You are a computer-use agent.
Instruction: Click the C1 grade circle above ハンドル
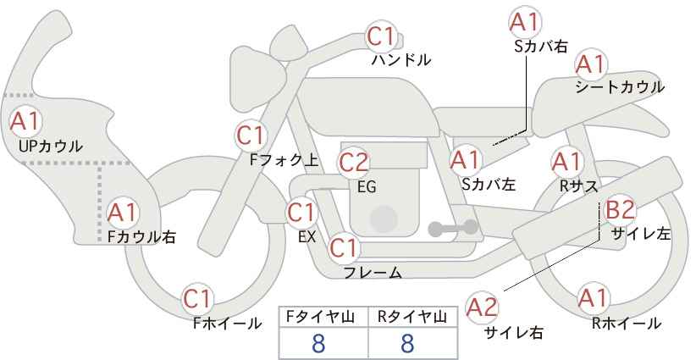382,36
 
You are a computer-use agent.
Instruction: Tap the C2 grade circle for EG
354,161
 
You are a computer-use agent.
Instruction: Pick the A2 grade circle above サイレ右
483,306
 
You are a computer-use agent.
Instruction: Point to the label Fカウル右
141,238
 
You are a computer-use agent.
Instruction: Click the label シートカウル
619,87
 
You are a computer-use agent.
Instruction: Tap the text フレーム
373,273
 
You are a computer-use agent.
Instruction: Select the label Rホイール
627,323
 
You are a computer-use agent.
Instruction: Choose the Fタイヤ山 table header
323,317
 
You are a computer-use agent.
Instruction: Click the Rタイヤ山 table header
412,317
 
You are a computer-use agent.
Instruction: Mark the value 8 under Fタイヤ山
318,343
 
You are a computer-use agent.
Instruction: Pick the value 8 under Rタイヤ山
407,343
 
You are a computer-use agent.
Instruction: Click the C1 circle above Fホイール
200,298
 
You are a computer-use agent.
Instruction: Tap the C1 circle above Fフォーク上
251,135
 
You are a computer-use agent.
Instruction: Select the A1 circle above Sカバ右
525,22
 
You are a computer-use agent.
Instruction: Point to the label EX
307,236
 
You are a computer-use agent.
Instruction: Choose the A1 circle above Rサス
566,160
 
